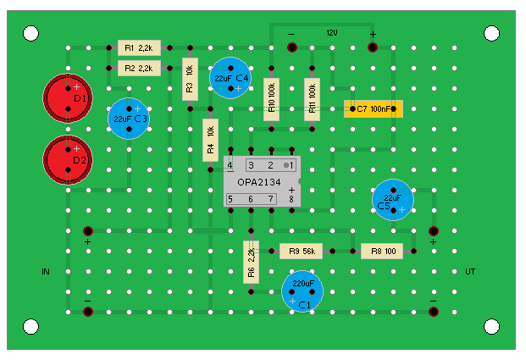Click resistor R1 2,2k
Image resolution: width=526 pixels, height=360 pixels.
point(139,48)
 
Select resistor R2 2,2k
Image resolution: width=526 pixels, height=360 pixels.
point(139,69)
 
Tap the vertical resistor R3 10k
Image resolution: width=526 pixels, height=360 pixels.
point(190,79)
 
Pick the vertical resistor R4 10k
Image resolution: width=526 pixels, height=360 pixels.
point(210,140)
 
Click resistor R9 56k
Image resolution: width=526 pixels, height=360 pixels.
point(302,252)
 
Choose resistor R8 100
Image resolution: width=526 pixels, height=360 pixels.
point(382,252)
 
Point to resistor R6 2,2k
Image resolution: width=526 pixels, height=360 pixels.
point(251,262)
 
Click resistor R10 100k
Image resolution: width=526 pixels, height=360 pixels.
point(271,99)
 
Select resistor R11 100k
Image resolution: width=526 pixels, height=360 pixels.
point(312,99)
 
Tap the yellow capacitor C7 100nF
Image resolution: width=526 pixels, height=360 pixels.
point(374,109)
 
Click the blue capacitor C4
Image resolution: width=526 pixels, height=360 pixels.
point(230,78)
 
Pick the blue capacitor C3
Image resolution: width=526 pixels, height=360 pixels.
point(129,119)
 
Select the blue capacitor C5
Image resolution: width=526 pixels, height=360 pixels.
point(393,200)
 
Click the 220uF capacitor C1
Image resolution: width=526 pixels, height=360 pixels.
point(302,291)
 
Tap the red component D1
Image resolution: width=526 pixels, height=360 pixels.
point(68,98)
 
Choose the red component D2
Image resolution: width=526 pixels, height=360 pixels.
point(68,160)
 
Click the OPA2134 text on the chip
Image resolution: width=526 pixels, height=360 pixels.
point(259,182)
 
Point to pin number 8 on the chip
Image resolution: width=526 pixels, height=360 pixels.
point(291,199)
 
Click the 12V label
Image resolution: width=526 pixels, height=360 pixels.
point(332,33)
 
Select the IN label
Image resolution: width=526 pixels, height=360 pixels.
point(46,271)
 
